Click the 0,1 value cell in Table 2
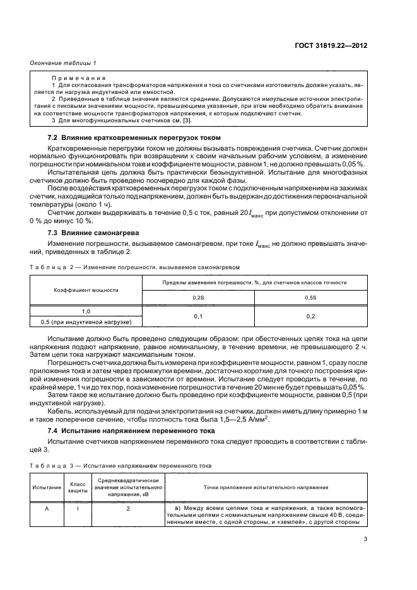[197, 316]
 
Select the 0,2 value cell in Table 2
[310, 316]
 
